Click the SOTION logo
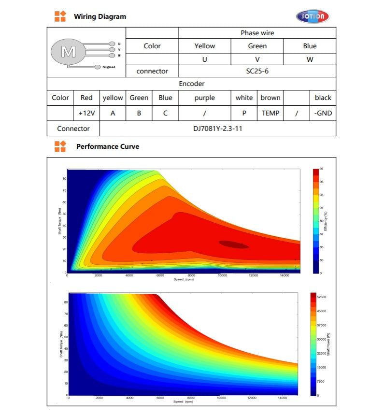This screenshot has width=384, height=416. [313, 17]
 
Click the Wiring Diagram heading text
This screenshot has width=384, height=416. [100, 16]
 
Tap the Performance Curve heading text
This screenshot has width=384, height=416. [108, 146]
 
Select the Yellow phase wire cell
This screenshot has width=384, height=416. [205, 46]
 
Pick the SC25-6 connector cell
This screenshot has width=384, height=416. [257, 71]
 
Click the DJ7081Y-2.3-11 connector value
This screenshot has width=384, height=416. [217, 129]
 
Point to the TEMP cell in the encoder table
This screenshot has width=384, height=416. [270, 114]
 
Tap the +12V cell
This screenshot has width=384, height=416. [86, 114]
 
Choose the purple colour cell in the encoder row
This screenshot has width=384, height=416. [205, 98]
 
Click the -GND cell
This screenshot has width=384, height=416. [323, 114]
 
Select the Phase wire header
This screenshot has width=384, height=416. [257, 33]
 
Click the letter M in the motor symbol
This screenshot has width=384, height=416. [68, 51]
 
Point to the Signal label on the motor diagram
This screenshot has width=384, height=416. [109, 67]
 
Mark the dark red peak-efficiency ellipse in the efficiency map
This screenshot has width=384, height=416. [234, 244]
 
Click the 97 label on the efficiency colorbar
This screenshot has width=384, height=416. [321, 169]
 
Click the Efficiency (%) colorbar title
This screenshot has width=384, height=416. [326, 220]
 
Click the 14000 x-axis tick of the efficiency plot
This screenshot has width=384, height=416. [284, 276]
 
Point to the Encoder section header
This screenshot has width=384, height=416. [191, 84]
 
